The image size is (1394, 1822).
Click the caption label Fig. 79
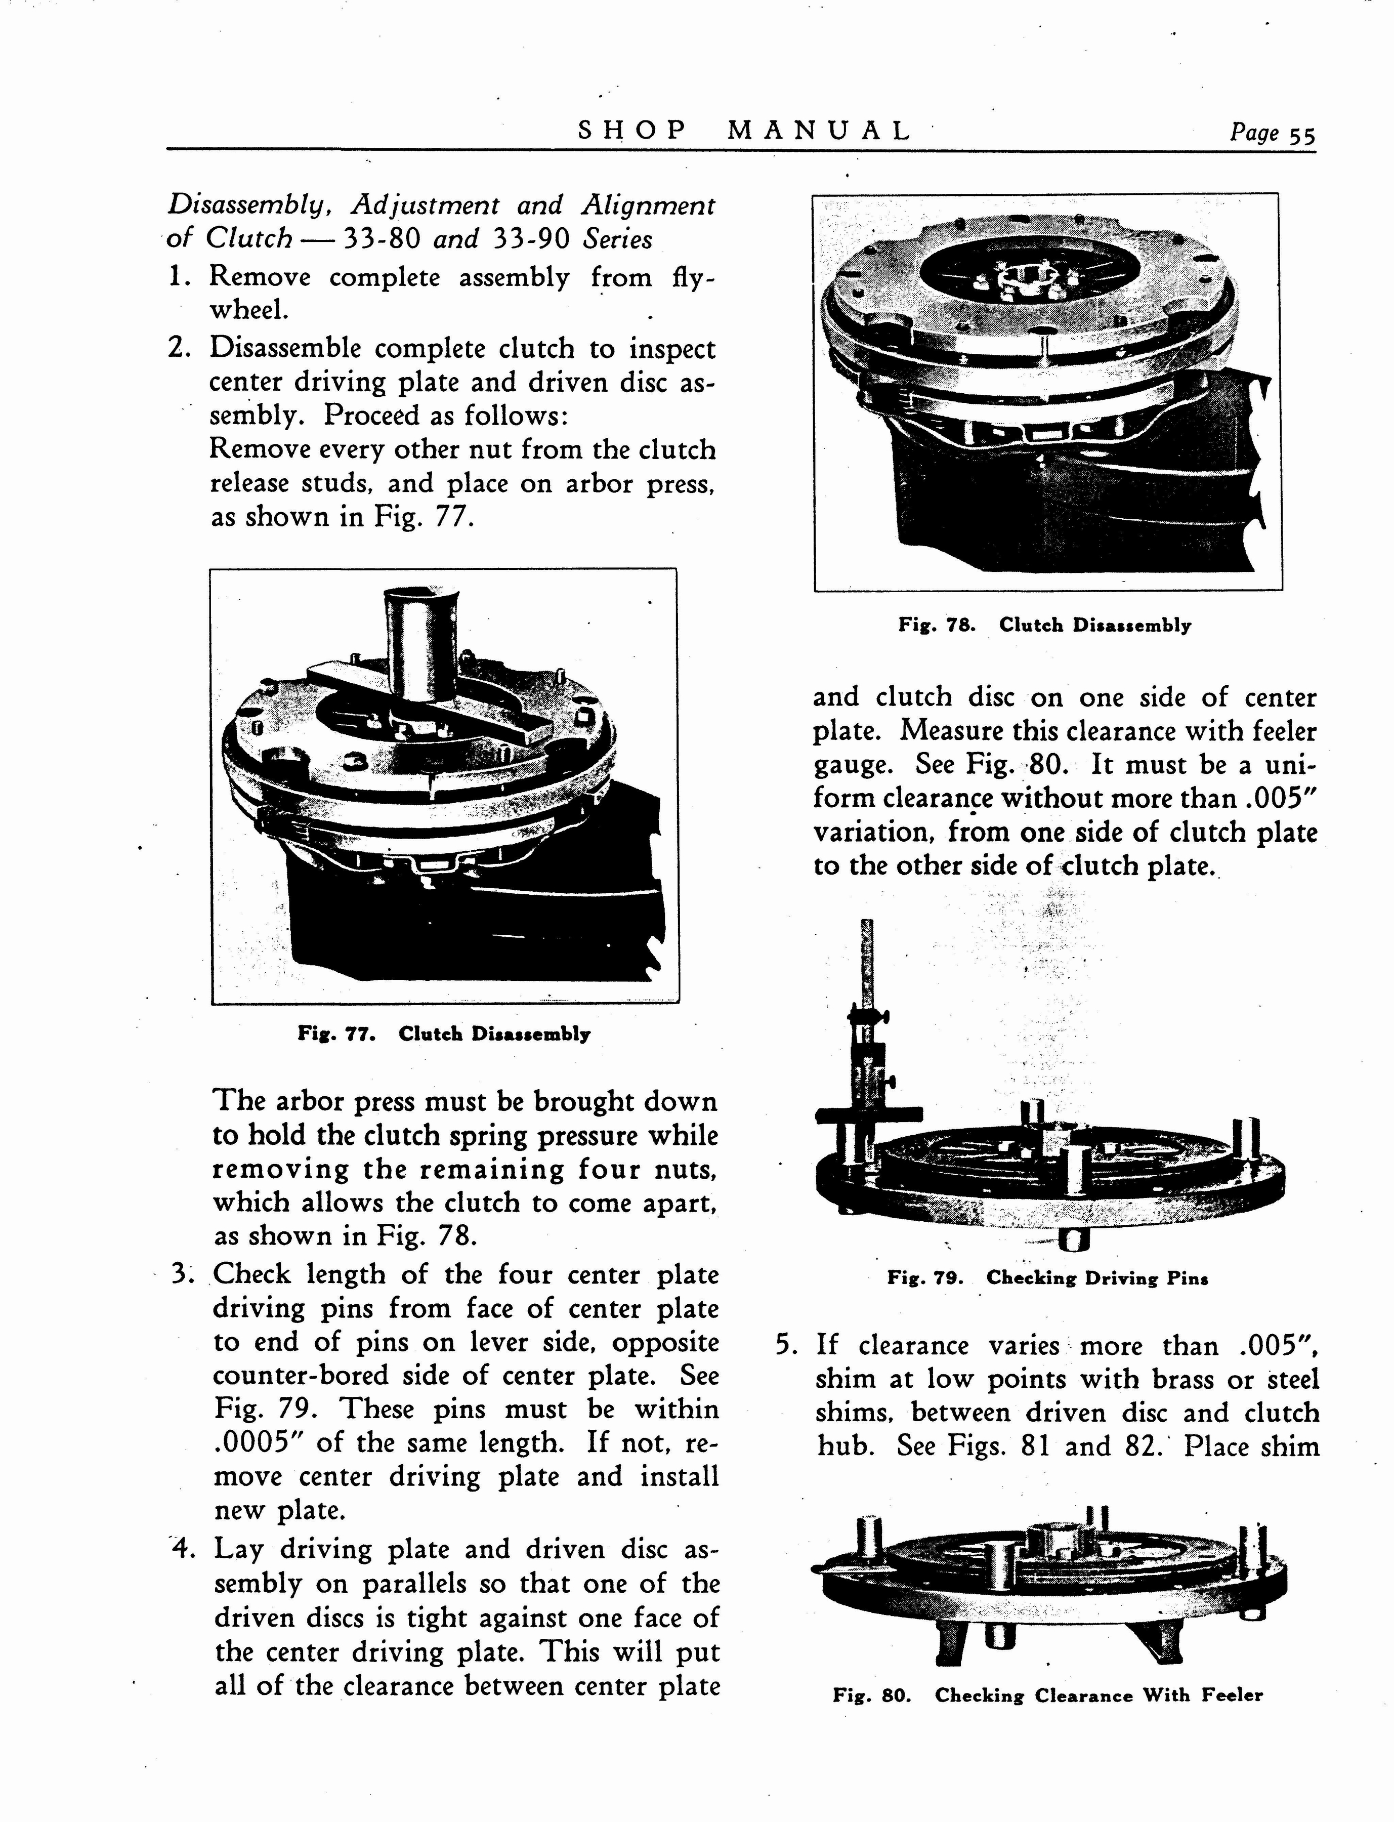(924, 1278)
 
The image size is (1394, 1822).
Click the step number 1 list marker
(180, 276)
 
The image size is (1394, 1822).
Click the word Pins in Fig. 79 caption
(1188, 1278)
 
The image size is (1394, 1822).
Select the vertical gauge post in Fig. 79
(867, 1038)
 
